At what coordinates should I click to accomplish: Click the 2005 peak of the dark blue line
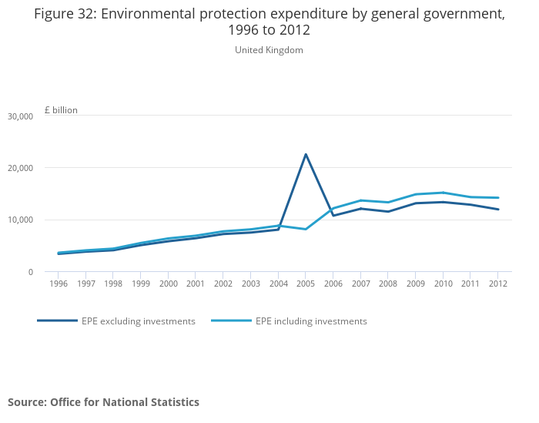pos(306,154)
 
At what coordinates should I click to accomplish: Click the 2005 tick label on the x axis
pos(306,284)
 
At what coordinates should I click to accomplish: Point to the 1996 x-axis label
pos(59,284)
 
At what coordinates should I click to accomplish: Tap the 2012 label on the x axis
pos(498,284)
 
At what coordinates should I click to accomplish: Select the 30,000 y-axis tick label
pos(20,116)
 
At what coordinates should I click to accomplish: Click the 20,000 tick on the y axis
pos(20,168)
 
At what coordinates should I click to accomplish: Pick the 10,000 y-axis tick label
pos(20,220)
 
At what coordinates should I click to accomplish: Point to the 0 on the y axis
pos(30,272)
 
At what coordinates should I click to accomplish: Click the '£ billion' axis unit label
pos(61,110)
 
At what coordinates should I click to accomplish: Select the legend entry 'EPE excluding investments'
pos(138,321)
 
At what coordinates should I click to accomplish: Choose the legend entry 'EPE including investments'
pos(311,321)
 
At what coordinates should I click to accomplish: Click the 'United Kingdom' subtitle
pos(269,50)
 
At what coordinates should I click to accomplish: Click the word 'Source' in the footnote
pos(26,402)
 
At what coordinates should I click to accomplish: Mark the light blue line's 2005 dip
pos(306,229)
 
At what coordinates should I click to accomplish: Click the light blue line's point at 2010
pos(443,193)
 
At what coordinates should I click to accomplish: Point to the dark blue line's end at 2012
pos(498,210)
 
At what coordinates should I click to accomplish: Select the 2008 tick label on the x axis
pos(388,284)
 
